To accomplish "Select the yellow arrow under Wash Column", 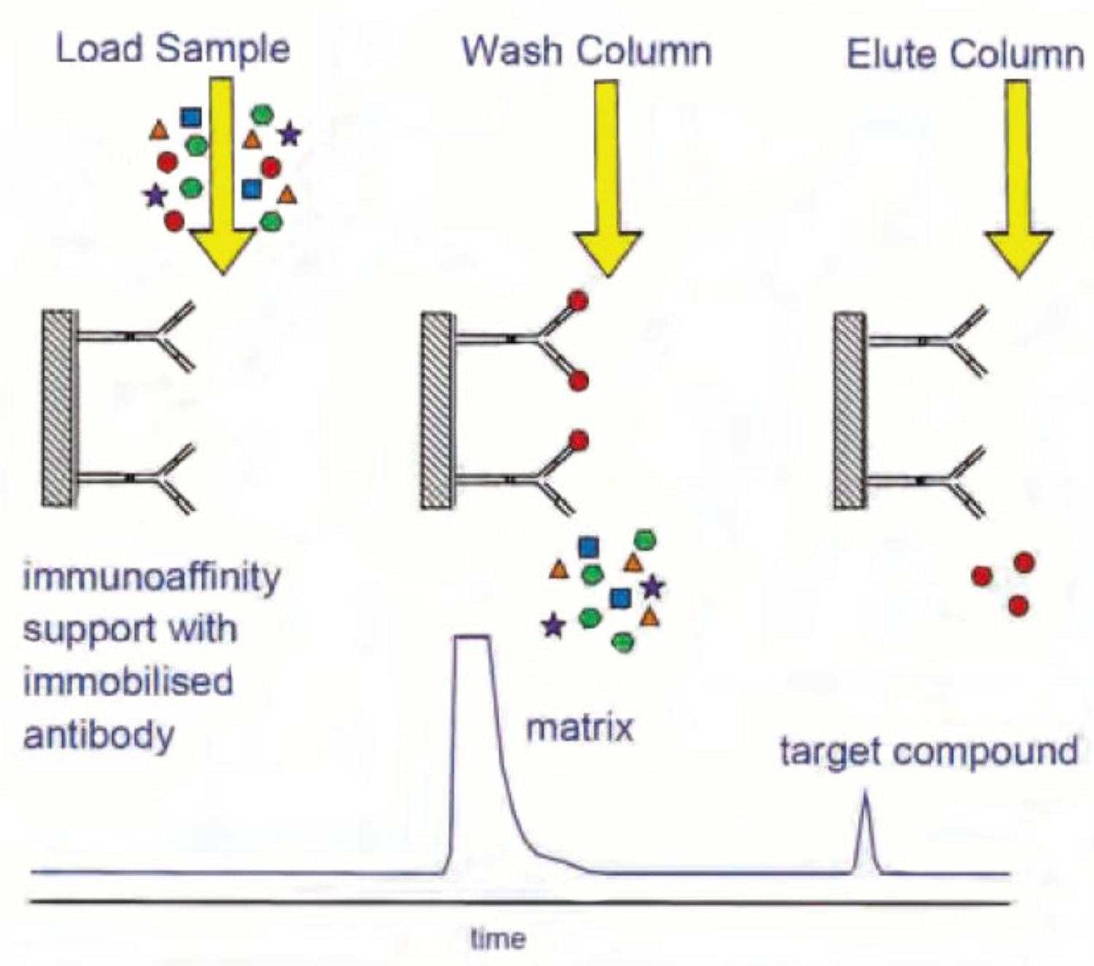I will point(607,182).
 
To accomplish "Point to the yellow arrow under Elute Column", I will point(1018,182).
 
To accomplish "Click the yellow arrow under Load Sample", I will point(222,182).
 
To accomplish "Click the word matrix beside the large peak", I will point(580,727).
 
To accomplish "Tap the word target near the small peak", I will point(820,751).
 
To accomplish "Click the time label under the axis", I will point(498,938).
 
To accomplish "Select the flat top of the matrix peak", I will point(472,638).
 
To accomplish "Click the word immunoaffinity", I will point(152,577).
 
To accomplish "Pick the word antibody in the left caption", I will point(99,734).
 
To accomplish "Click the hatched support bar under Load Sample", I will point(58,409).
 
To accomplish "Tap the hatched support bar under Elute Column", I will point(849,411).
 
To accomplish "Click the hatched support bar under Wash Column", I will point(437,411).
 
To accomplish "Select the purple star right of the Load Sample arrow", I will point(290,134).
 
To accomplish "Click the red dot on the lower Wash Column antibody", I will point(578,441).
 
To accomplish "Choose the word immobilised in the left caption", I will point(128,681).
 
